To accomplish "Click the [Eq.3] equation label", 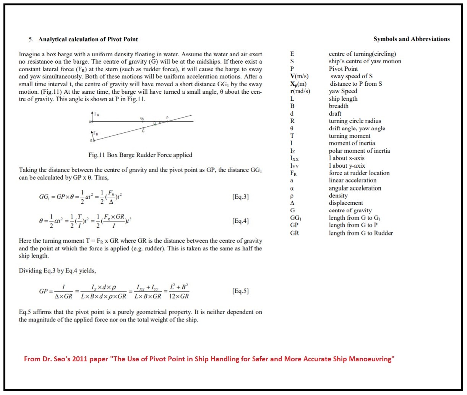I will (x=240, y=197).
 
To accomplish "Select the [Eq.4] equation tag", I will (x=240, y=221).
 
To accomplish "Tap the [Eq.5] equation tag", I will (x=240, y=291).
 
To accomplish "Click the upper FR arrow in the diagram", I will (x=92, y=116).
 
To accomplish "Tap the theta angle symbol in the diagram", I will (x=155, y=123).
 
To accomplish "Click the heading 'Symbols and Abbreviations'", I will (x=411, y=39).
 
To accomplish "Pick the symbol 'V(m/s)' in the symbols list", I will (x=299, y=76).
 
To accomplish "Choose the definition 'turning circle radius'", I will (x=355, y=121).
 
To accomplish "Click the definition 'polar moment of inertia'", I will (x=359, y=151).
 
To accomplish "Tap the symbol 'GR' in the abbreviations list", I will (x=294, y=233).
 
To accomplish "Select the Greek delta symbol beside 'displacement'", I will (x=292, y=203).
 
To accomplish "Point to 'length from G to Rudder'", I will (x=361, y=233).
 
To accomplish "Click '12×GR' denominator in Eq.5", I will (x=179, y=296).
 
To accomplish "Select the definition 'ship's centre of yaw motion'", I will (x=365, y=61).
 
